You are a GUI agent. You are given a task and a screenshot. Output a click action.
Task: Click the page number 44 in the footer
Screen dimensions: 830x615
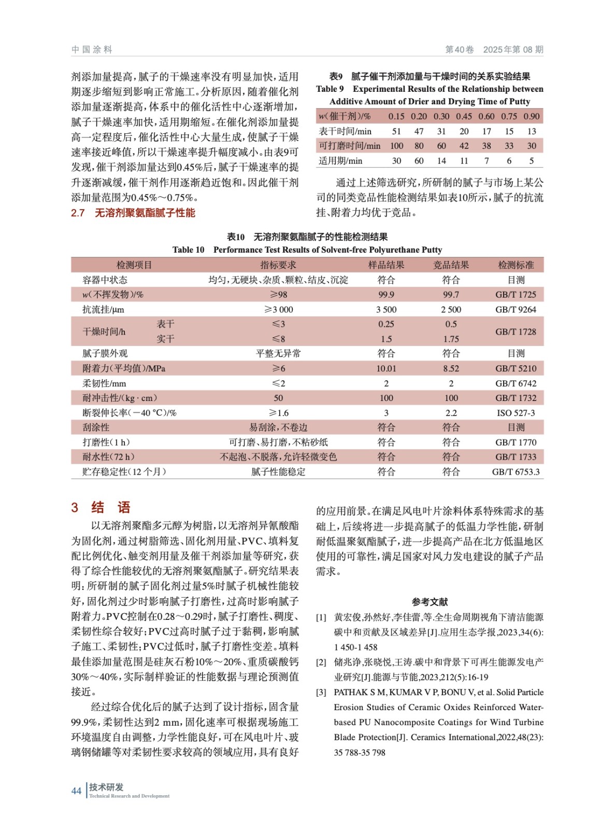[76, 791]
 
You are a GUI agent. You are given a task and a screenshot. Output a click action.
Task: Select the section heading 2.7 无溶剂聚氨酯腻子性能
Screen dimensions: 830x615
[133, 213]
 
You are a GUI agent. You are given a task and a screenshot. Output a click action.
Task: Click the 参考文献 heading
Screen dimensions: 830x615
[430, 602]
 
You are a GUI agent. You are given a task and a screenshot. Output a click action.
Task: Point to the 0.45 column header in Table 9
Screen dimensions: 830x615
[464, 116]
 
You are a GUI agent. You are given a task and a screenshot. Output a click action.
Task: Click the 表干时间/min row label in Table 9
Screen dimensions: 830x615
[345, 131]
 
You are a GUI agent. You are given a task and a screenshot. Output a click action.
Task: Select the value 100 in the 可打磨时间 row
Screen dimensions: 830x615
[397, 146]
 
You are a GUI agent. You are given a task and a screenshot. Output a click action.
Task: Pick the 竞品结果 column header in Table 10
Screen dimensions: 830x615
[451, 265]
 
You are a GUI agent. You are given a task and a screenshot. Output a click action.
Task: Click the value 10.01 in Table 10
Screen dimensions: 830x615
[386, 368]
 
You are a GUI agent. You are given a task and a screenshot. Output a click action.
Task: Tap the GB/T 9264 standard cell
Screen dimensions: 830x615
[516, 310]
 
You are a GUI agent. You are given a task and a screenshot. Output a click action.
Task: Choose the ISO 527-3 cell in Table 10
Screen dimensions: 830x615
[516, 413]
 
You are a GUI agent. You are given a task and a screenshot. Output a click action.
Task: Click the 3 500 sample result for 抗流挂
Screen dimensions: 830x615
[386, 310]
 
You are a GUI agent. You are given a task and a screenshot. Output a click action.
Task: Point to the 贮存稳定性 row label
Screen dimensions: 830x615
[124, 472]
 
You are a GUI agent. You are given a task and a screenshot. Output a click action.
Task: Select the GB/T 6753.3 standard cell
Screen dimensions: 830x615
[516, 472]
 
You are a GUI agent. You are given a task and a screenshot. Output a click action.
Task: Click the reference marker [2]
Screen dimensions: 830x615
[321, 662]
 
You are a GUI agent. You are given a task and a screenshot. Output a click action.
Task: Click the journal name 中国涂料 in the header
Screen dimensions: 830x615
[92, 50]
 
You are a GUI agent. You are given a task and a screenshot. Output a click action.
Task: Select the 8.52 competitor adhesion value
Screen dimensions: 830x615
[451, 368]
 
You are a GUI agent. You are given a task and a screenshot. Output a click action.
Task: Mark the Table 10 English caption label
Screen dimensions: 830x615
[189, 250]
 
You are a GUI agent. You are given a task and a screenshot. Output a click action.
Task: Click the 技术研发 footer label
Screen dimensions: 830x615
[106, 787]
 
